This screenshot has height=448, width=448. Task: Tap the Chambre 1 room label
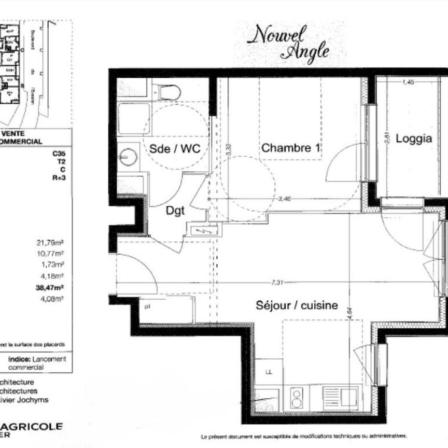pyautogui.click(x=290, y=148)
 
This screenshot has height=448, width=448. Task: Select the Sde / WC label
pyautogui.click(x=175, y=148)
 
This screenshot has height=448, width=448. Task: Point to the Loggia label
pyautogui.click(x=413, y=138)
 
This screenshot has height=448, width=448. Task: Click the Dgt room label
pyautogui.click(x=176, y=211)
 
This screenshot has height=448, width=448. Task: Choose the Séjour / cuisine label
pyautogui.click(x=297, y=305)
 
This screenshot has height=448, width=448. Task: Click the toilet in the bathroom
pyautogui.click(x=169, y=92)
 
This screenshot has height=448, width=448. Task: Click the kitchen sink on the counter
pyautogui.click(x=340, y=397)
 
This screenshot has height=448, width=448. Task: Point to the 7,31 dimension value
pyautogui.click(x=277, y=283)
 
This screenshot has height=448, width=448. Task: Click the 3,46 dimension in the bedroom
pyautogui.click(x=285, y=199)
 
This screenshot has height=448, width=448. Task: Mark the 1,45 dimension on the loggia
pyautogui.click(x=408, y=81)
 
